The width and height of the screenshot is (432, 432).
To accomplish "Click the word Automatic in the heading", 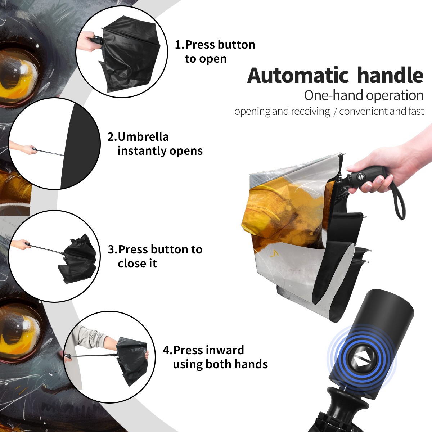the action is [298, 75].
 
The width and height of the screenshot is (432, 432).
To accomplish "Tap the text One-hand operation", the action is [364, 95].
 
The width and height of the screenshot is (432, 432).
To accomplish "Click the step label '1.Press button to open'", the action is [215, 52].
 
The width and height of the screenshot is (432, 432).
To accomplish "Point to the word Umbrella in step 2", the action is [143, 137].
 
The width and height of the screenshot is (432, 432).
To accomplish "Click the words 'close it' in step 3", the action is [137, 263].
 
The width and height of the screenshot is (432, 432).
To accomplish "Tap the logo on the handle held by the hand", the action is [360, 176].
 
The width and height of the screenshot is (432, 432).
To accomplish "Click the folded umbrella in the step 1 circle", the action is [128, 54].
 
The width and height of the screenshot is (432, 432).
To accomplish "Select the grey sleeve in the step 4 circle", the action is [90, 338].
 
